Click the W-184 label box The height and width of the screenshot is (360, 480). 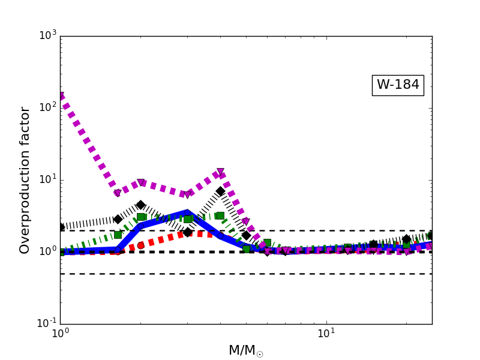(x=398, y=85)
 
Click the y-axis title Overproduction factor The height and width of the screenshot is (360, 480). (x=25, y=180)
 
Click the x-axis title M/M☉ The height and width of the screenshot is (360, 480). (x=245, y=351)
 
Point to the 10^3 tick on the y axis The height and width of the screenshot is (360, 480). (x=46, y=35)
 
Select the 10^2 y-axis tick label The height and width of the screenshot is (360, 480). (x=46, y=107)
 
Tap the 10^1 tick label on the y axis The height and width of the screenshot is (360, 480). (x=46, y=179)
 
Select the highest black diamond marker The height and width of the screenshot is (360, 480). (x=220, y=191)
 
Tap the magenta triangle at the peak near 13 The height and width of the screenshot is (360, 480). (x=220, y=172)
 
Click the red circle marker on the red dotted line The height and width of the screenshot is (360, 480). (x=140, y=245)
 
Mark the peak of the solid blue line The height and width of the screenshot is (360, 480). (x=187, y=212)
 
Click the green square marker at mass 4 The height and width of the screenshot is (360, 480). (x=220, y=215)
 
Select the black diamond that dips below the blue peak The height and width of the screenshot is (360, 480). (x=187, y=232)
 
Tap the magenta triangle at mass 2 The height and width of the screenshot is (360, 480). (x=140, y=182)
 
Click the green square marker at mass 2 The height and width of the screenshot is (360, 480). (x=140, y=217)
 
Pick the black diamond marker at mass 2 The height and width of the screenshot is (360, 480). (x=140, y=205)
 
